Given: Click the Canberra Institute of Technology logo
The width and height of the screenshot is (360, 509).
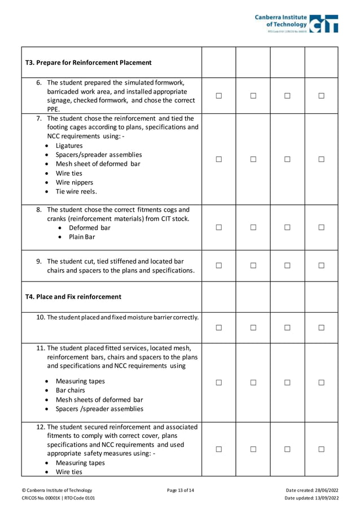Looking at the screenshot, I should point(296,23).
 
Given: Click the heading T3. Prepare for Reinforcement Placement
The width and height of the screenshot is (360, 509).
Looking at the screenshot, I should point(89,63).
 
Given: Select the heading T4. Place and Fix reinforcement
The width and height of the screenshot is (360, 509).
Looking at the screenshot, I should point(73,297).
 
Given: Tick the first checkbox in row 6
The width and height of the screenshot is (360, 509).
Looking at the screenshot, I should point(219,96).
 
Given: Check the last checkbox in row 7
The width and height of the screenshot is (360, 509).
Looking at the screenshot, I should point(321,160).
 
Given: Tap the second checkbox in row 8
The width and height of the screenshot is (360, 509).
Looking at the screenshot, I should point(253,227).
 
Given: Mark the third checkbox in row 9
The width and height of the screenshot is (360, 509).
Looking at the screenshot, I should point(287,265).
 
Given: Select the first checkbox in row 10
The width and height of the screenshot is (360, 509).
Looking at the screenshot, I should point(219,327).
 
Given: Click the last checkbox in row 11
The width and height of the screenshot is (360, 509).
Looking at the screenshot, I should point(321,382).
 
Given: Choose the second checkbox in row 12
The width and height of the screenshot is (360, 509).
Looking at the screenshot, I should point(253,449).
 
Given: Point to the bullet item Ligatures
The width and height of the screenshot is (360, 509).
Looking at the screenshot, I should point(69,146).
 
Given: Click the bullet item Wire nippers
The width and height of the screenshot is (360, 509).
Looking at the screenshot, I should point(74,182).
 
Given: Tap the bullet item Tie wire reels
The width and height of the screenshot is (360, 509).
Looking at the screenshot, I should point(76,191).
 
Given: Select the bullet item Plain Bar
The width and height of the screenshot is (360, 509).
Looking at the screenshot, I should point(82,237).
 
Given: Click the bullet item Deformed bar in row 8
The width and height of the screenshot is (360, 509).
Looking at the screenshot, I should point(89,228).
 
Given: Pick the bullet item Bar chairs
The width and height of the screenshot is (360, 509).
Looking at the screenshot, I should point(71,390).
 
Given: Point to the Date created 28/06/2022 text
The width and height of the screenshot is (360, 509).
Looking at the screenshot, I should point(313,490).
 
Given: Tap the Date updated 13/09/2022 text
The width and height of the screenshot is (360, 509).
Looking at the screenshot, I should point(311,498).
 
